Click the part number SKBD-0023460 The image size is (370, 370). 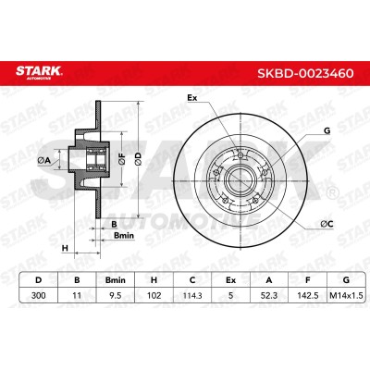coord(305,73)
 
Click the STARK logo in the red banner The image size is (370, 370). coord(39,72)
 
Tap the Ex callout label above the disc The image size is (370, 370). coord(192,98)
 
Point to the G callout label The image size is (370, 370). coord(327,130)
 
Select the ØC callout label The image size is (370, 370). coord(327,224)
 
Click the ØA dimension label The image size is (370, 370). coord(43,160)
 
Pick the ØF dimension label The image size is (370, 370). coord(122,159)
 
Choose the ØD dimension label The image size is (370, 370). coord(139,159)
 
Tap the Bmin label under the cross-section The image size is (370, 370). coord(124,236)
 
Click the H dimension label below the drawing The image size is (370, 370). coord(65,248)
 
